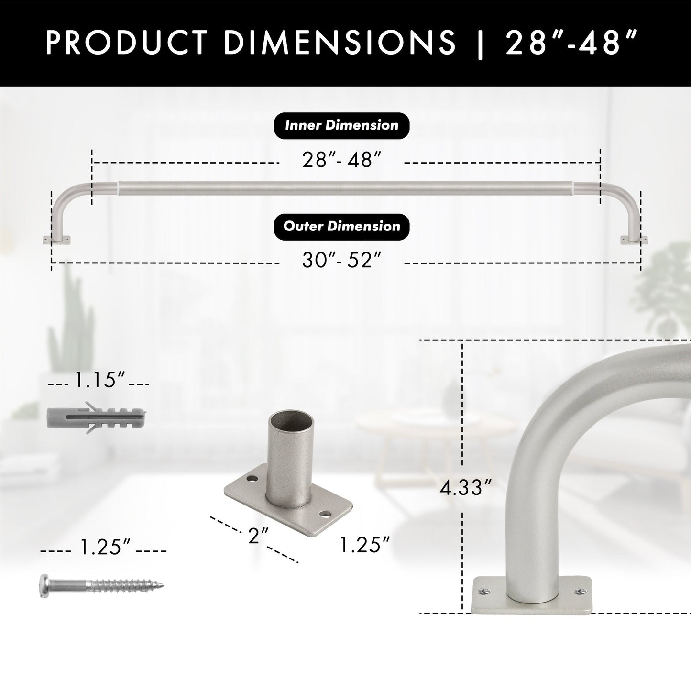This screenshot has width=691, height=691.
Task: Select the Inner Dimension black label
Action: pyautogui.click(x=341, y=126)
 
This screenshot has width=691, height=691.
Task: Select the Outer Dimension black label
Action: pyautogui.click(x=341, y=226)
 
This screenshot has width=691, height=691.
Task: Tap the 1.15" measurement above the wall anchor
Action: pyautogui.click(x=99, y=381)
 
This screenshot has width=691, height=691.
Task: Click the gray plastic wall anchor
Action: pyautogui.click(x=96, y=417)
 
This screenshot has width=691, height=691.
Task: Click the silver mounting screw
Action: pyautogui.click(x=100, y=585)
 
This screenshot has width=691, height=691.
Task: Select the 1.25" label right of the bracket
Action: pyautogui.click(x=365, y=545)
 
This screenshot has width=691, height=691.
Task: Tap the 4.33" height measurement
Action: pyautogui.click(x=465, y=489)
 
